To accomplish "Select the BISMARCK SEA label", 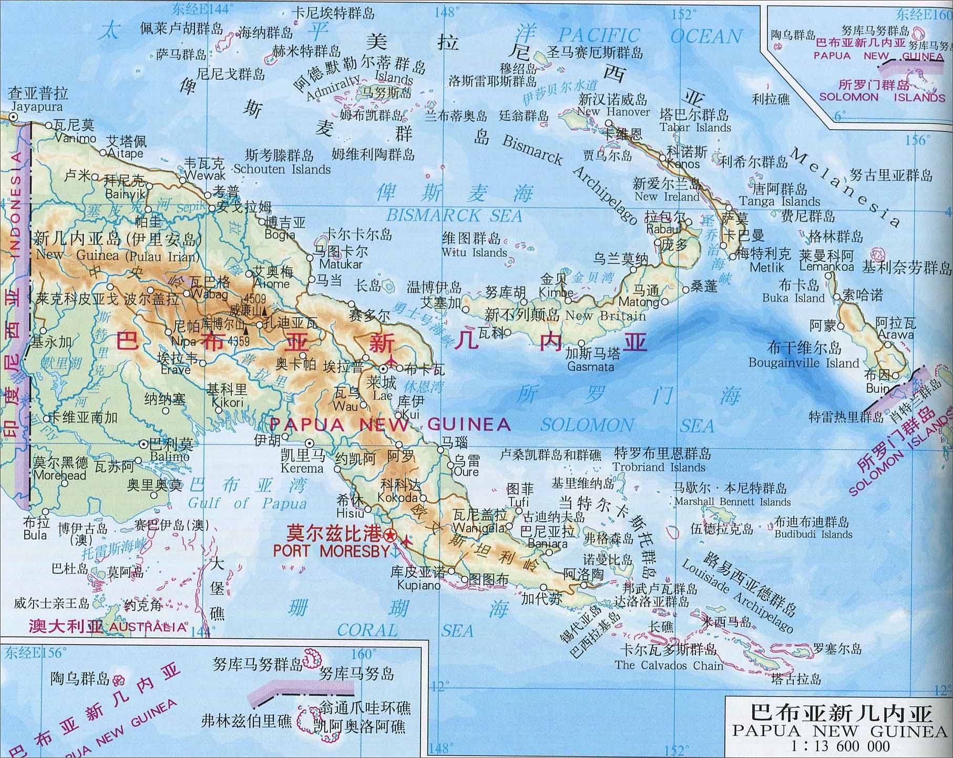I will (454, 215).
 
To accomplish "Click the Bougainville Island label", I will (804, 363).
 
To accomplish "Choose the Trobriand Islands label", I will (659, 467).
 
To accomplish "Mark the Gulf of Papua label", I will (247, 503).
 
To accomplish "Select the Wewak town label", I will (205, 175).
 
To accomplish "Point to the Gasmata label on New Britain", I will (590, 366).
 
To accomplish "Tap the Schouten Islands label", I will (282, 169).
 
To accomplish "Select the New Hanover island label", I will (613, 112).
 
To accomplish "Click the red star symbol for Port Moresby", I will (390, 536).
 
